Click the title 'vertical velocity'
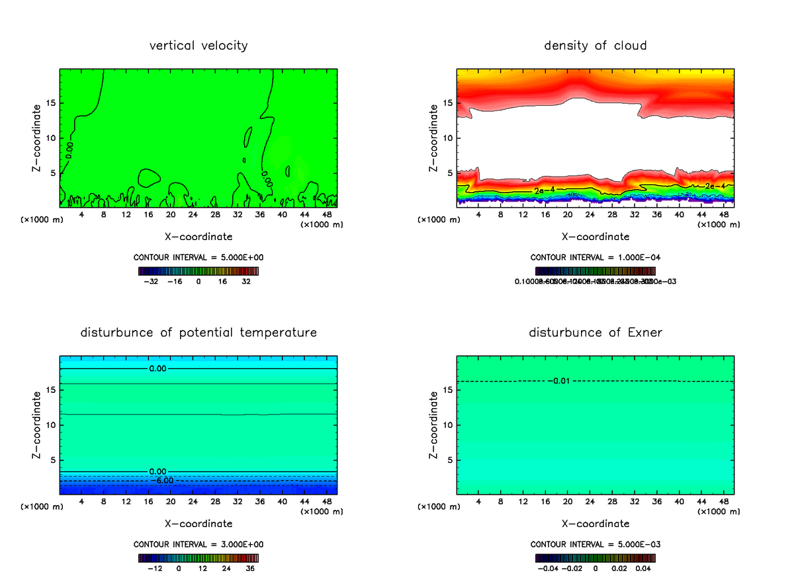(x=198, y=46)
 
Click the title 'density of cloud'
(x=595, y=46)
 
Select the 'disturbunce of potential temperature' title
(x=198, y=332)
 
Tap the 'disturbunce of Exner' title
(x=595, y=332)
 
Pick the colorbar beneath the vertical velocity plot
(x=198, y=271)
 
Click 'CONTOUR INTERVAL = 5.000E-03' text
(x=595, y=544)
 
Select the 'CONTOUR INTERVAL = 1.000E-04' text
(x=595, y=257)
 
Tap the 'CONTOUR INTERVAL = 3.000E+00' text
(x=198, y=544)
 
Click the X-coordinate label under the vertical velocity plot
(x=198, y=236)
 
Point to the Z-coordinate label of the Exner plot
(x=435, y=425)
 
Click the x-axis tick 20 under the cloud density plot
(x=568, y=215)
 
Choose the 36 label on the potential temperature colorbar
(x=251, y=568)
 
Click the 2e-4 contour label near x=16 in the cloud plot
(x=544, y=190)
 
